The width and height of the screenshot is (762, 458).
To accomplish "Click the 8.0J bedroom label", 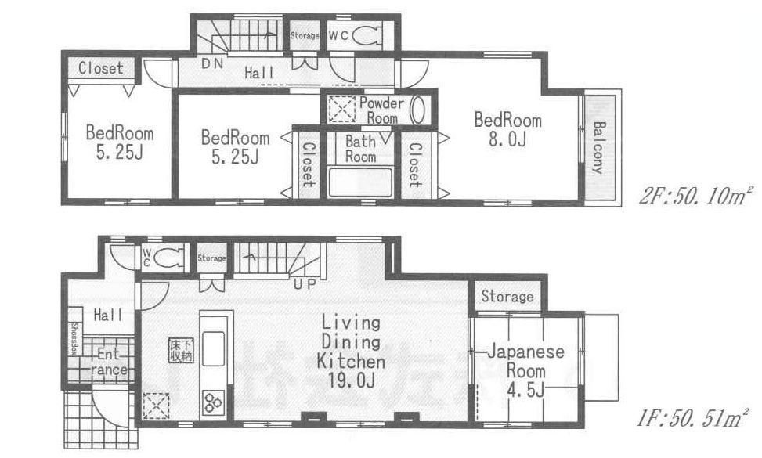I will (507, 130).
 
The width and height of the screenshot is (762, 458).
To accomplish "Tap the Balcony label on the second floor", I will (599, 147).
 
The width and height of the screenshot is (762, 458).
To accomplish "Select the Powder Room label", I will (381, 110).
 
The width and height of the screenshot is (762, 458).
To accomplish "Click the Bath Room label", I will (361, 150).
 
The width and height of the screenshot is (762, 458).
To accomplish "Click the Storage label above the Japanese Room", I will (507, 297).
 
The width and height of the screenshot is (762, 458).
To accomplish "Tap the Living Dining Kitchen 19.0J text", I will (350, 352).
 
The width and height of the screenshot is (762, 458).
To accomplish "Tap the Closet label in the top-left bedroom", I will (100, 68).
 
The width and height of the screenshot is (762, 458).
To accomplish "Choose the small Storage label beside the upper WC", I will (305, 36).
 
